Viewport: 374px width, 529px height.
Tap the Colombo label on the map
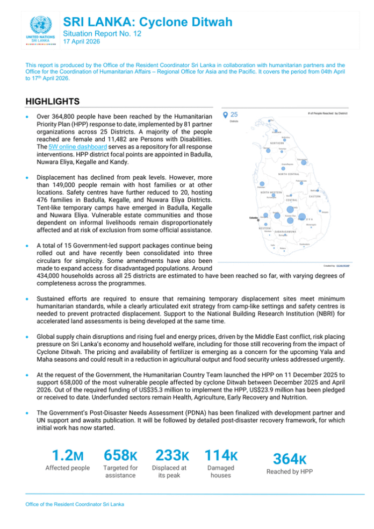253,218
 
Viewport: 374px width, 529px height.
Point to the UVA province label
310,219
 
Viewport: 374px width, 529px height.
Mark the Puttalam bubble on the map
262,184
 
